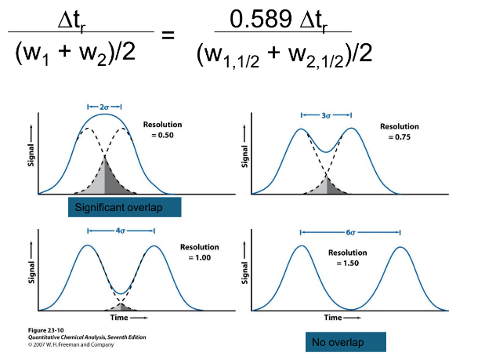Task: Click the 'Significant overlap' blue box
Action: (125, 207)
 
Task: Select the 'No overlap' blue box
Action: (346, 342)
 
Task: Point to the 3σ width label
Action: (325, 115)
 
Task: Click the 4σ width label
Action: (121, 231)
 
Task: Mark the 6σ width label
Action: (349, 232)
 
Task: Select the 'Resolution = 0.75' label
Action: (399, 131)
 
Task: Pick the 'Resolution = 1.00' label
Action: (200, 252)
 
